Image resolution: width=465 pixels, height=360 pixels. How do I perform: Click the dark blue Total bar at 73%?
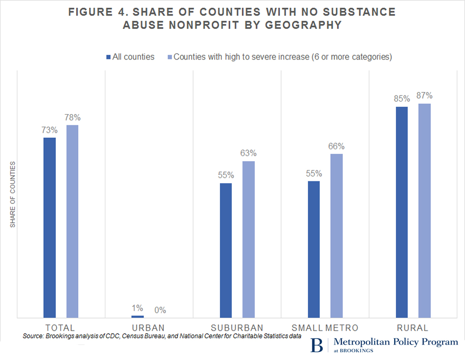pyautogui.click(x=49, y=227)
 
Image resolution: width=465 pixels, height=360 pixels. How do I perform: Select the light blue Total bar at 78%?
pyautogui.click(x=72, y=221)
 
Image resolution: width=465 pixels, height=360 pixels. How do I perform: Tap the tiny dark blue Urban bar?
pyautogui.click(x=138, y=316)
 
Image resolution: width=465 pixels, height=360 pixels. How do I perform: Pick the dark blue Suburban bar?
pyautogui.click(x=226, y=250)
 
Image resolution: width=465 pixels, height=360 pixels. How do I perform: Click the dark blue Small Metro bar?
pyautogui.click(x=314, y=249)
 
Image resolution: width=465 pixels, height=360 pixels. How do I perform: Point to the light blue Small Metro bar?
pyautogui.click(x=336, y=235)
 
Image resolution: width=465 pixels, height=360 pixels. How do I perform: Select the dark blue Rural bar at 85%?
pyautogui.click(x=402, y=212)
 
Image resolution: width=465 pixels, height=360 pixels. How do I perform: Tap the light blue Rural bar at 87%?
pyautogui.click(x=424, y=210)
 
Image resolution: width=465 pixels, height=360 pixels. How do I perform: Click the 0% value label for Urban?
pyautogui.click(x=160, y=310)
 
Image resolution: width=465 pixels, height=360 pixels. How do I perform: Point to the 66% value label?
pyautogui.click(x=336, y=146)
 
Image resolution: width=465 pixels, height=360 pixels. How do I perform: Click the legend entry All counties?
pyautogui.click(x=130, y=57)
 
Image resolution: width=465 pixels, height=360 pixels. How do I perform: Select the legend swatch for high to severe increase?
pyautogui.click(x=170, y=57)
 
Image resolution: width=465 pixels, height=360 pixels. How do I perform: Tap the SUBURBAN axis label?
pyautogui.click(x=237, y=328)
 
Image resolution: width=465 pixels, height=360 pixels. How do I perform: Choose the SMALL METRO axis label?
pyautogui.click(x=325, y=328)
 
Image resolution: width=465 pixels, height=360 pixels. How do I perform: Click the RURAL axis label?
pyautogui.click(x=413, y=328)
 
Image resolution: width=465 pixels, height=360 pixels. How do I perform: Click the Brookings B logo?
pyautogui.click(x=316, y=345)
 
